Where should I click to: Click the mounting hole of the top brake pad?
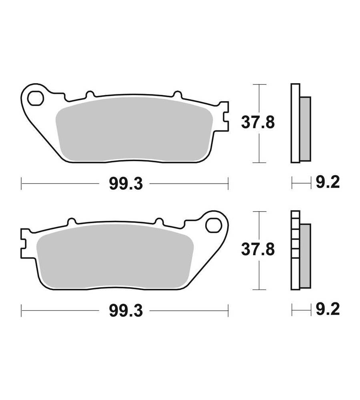36,98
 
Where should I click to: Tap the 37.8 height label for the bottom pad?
258,249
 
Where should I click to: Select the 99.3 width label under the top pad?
126,184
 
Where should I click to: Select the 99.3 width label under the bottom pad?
126,310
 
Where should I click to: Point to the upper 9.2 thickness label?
328,182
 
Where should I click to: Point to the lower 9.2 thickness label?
328,309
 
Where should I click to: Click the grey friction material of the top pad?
134,130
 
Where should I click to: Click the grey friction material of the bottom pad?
115,257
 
